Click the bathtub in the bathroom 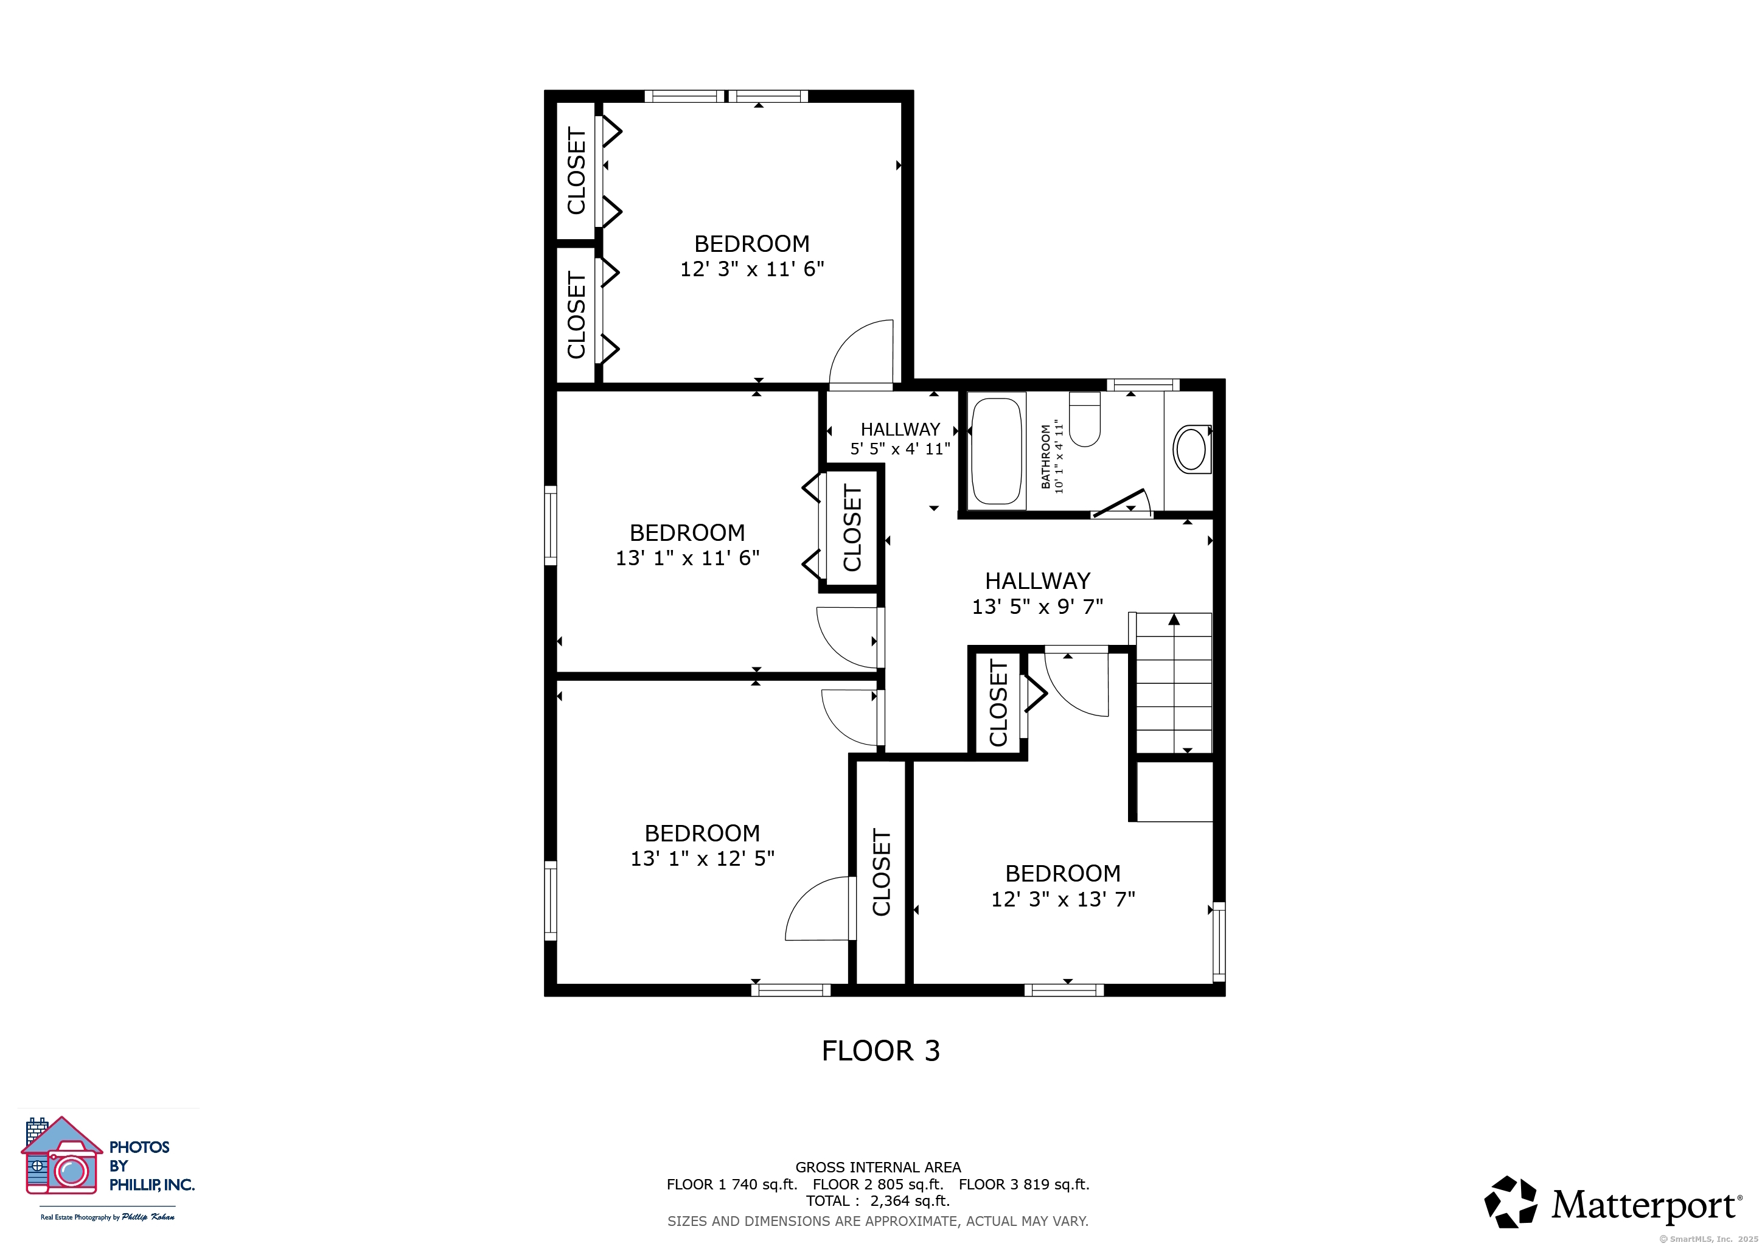click(997, 451)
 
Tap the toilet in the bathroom click(1084, 420)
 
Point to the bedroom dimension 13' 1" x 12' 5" click(702, 858)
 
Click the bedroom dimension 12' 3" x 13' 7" click(1063, 899)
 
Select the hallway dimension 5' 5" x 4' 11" click(900, 449)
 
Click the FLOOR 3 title click(881, 1051)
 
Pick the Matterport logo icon click(1510, 1202)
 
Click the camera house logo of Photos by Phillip click(62, 1156)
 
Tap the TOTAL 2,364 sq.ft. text click(878, 1201)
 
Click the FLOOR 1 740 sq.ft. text click(732, 1184)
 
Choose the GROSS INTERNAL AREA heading click(878, 1167)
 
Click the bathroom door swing click(1122, 503)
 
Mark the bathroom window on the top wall click(1143, 385)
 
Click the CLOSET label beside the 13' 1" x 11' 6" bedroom click(852, 528)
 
